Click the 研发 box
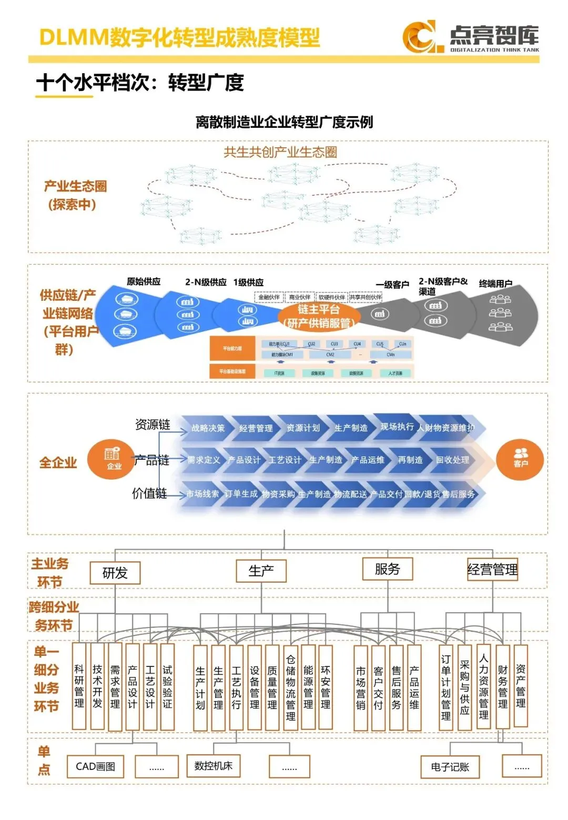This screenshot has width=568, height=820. tap(115, 573)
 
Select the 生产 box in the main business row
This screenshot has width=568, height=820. tap(261, 571)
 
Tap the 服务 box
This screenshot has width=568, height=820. tap(387, 569)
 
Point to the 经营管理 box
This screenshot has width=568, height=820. tap(492, 570)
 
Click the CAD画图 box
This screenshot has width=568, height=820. tap(95, 766)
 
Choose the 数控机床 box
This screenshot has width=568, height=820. tap(213, 765)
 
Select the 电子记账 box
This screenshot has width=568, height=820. tap(450, 767)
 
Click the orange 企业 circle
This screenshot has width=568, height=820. tap(111, 459)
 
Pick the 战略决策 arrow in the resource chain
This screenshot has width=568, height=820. tap(208, 428)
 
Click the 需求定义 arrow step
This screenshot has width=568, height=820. tap(204, 460)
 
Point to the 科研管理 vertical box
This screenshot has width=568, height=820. tap(79, 686)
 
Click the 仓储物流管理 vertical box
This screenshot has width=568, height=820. tap(290, 687)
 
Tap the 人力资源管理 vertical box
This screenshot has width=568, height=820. tap(483, 686)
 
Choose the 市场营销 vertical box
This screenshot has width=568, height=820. tap(360, 688)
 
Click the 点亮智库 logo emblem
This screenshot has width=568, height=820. tap(419, 37)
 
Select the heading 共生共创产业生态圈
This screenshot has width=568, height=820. tap(280, 152)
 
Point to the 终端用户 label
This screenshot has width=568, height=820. tap(495, 283)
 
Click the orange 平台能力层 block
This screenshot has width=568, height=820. tap(232, 348)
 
